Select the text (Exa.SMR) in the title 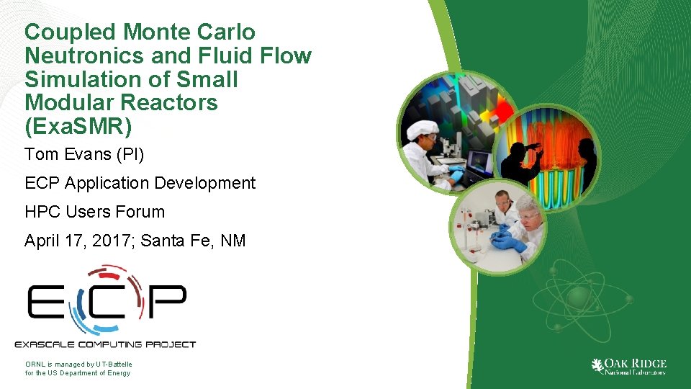[x=78, y=126]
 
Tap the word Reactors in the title [x=172, y=102]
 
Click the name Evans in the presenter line [x=83, y=154]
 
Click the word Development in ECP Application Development [x=208, y=183]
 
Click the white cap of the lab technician [x=422, y=130]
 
